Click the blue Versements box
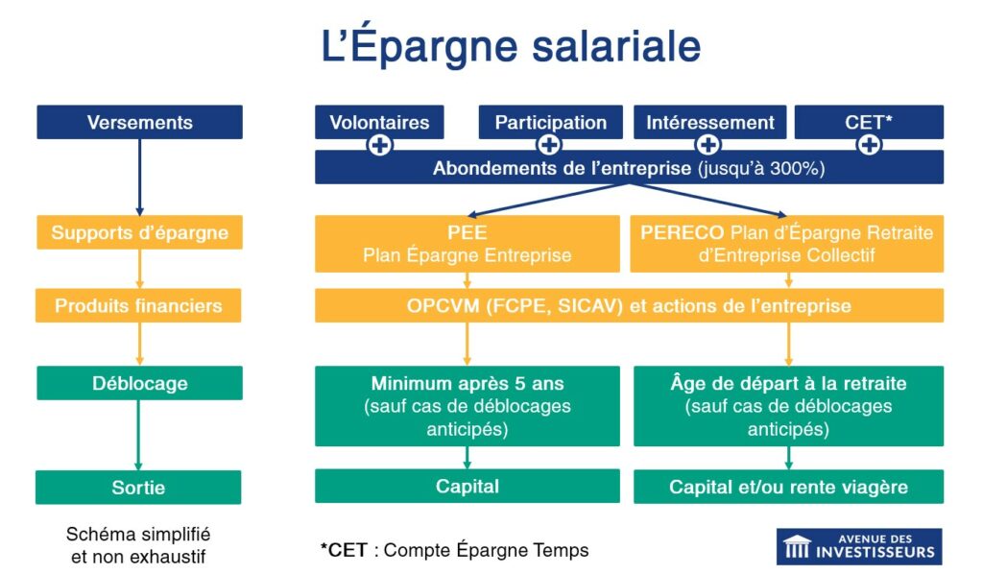click(139, 123)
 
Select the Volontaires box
click(379, 122)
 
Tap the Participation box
click(550, 122)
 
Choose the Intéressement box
click(709, 122)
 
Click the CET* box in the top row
click(869, 122)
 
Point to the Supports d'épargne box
click(139, 232)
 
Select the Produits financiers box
click(139, 306)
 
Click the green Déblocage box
click(139, 383)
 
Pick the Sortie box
click(139, 488)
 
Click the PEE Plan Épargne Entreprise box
click(468, 244)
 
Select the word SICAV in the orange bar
click(589, 306)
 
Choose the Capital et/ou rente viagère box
click(788, 487)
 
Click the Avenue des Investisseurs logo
click(858, 546)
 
